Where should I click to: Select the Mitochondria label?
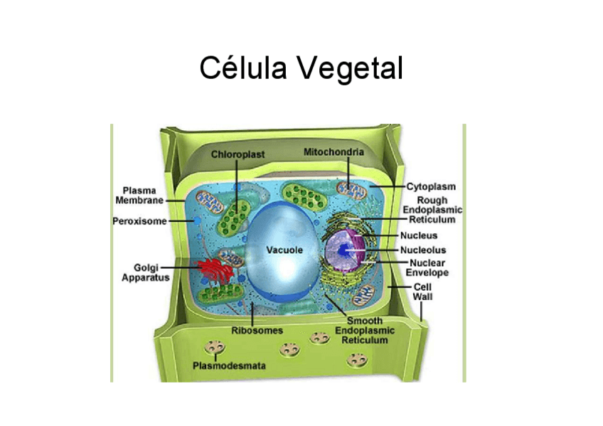333,152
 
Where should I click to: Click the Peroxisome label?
139,221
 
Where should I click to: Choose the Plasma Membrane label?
139,196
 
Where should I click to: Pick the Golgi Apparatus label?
145,273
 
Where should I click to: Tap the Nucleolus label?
423,250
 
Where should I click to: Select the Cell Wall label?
422,292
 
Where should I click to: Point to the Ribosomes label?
257,331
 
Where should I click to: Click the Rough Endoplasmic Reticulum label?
432,210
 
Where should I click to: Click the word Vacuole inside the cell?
284,250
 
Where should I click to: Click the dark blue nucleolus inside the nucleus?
344,250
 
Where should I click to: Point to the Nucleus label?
419,235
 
